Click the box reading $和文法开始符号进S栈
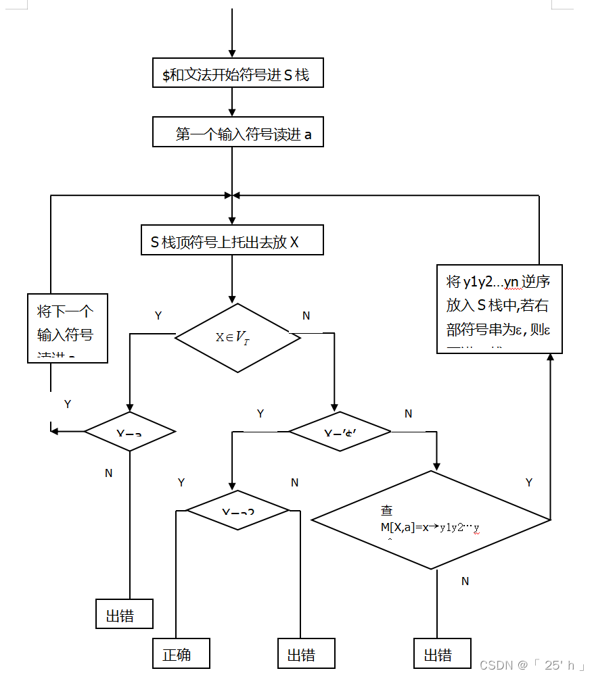[x=238, y=73]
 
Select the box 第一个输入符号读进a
[x=238, y=132]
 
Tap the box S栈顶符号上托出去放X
[x=232, y=240]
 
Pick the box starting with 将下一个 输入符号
[x=68, y=328]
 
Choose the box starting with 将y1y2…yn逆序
[x=499, y=309]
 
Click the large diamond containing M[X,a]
[x=431, y=520]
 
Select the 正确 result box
[x=181, y=653]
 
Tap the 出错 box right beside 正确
[x=306, y=653]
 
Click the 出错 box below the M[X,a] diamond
[x=442, y=653]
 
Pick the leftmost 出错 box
[x=124, y=614]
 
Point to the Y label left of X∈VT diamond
[x=158, y=316]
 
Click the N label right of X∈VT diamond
[x=306, y=316]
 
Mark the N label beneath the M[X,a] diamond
[x=465, y=581]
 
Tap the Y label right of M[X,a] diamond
[x=529, y=482]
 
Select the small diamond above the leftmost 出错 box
[x=129, y=431]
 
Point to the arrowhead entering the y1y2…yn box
[x=550, y=357]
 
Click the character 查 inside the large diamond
[x=387, y=510]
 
